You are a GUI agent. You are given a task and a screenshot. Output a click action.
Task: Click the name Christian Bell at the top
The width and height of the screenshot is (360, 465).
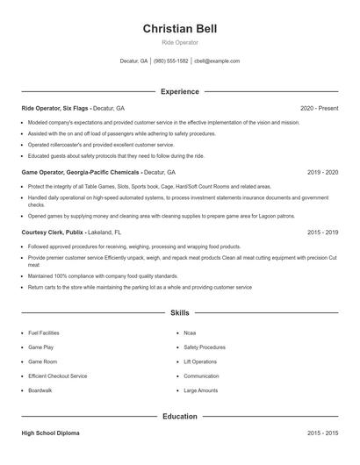click(x=179, y=28)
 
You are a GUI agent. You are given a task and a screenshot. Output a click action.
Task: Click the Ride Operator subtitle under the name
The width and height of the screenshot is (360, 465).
click(x=179, y=42)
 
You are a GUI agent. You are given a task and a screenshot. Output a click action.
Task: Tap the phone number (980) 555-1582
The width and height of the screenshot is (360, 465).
click(x=170, y=61)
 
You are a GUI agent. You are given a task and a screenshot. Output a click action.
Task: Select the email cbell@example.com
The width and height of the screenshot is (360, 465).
click(x=217, y=61)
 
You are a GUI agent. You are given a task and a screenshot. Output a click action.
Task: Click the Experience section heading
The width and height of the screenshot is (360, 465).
click(x=179, y=91)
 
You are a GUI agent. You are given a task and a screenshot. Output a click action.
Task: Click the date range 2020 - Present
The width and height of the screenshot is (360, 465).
click(x=319, y=108)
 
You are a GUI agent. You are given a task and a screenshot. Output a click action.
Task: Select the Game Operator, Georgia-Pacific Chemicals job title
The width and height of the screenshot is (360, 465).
click(x=81, y=173)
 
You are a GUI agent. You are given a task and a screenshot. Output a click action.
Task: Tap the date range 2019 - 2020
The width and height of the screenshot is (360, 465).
click(x=322, y=173)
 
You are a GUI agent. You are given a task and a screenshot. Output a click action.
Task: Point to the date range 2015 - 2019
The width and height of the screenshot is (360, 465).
click(x=322, y=232)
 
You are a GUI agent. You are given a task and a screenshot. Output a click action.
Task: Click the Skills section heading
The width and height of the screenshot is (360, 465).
click(x=179, y=312)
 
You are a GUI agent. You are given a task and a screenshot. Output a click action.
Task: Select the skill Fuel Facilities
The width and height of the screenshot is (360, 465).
click(x=44, y=333)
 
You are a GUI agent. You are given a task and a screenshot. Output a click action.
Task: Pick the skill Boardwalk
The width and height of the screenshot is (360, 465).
click(x=40, y=390)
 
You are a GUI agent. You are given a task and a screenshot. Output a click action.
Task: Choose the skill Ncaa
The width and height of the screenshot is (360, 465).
click(x=190, y=333)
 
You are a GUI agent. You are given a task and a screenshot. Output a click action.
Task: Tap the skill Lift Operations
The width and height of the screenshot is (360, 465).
click(x=200, y=361)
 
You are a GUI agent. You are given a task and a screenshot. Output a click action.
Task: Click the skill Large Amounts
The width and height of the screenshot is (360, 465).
click(x=201, y=390)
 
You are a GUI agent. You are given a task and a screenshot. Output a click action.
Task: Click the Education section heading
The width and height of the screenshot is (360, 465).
click(x=179, y=416)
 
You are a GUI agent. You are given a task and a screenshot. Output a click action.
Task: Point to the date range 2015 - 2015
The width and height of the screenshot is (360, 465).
click(x=322, y=433)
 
